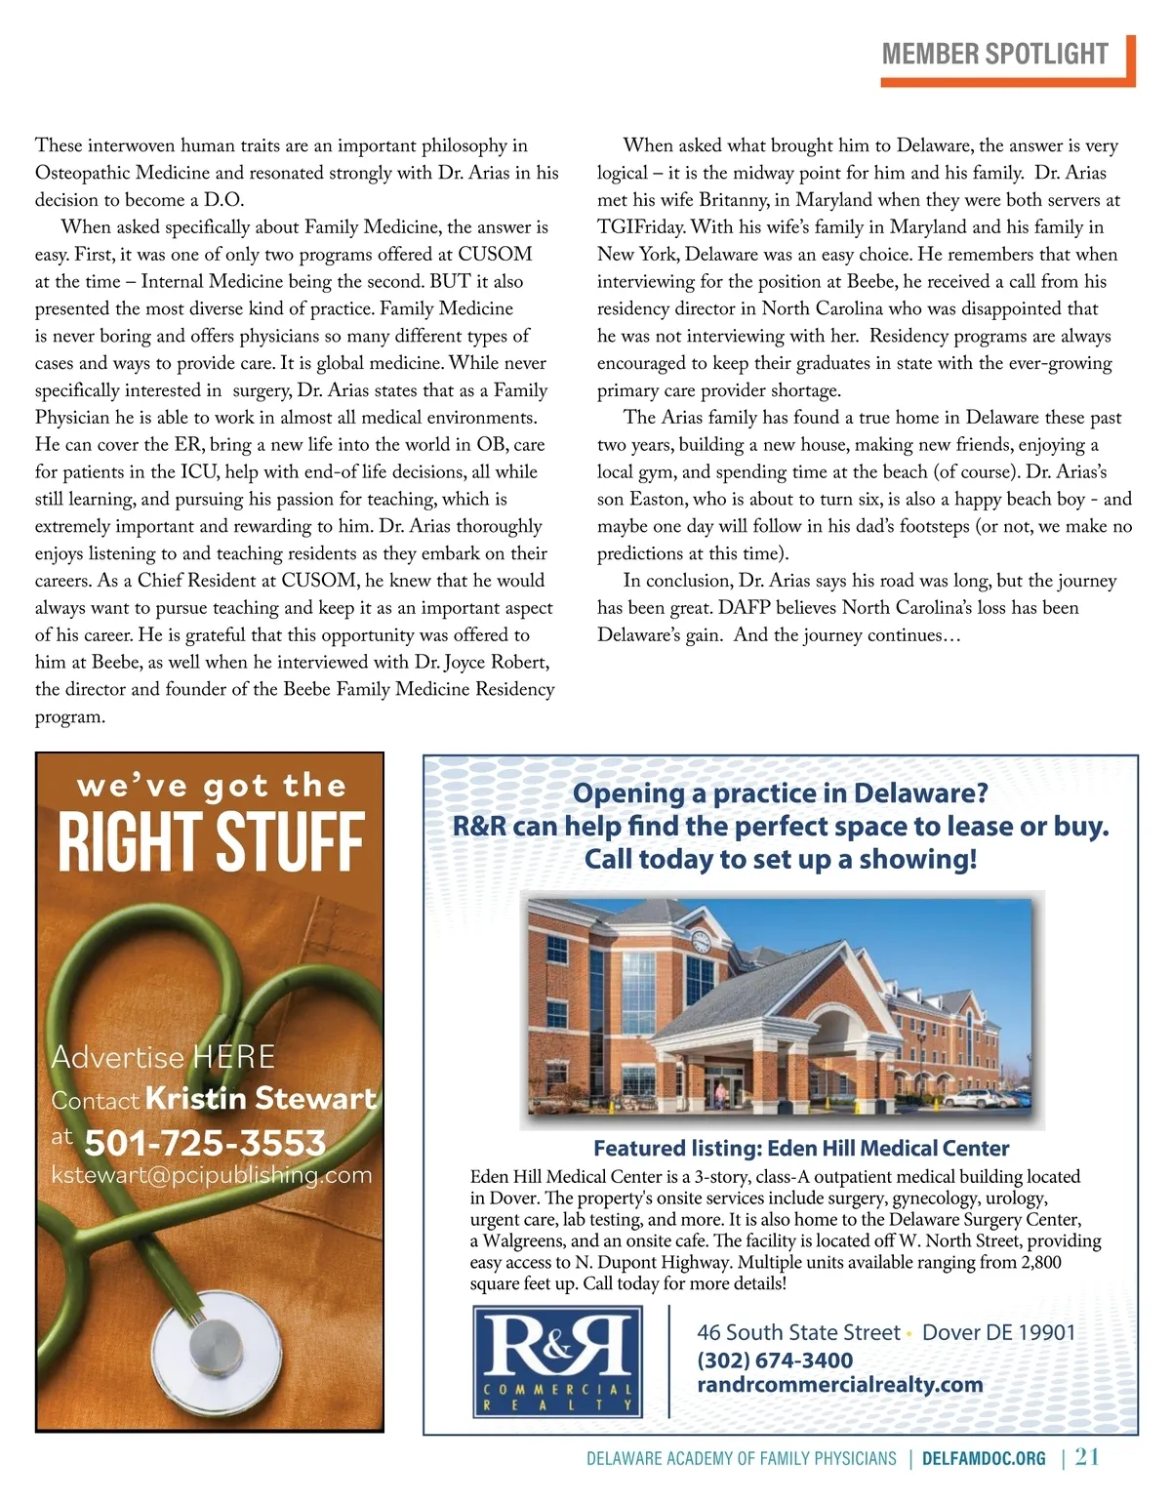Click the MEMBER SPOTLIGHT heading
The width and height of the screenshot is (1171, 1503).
[994, 54]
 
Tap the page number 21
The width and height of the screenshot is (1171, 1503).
[1087, 1457]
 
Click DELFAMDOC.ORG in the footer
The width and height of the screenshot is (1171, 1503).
[984, 1459]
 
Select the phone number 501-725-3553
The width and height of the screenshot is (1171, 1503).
[205, 1143]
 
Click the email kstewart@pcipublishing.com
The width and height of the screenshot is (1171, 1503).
[212, 1175]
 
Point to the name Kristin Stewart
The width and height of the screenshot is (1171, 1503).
[261, 1099]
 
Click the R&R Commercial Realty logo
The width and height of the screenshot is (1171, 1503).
[557, 1361]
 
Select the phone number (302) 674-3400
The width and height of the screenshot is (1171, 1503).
[775, 1361]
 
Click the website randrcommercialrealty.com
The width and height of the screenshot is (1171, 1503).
[839, 1385]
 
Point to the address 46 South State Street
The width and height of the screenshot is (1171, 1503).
[798, 1333]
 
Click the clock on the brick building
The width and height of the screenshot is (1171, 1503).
[701, 942]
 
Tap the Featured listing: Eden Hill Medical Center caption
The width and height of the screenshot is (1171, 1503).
[801, 1149]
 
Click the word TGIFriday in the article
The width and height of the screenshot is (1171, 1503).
[642, 227]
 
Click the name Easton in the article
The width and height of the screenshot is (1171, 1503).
[658, 500]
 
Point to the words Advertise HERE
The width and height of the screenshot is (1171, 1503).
[163, 1057]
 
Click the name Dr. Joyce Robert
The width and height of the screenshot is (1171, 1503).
[482, 662]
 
